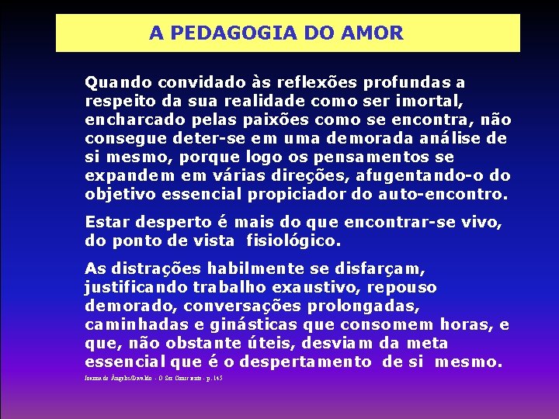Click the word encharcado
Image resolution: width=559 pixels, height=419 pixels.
coord(128,119)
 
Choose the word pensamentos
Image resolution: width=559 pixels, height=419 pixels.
coord(375,157)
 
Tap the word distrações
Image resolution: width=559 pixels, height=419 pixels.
coord(161,269)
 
